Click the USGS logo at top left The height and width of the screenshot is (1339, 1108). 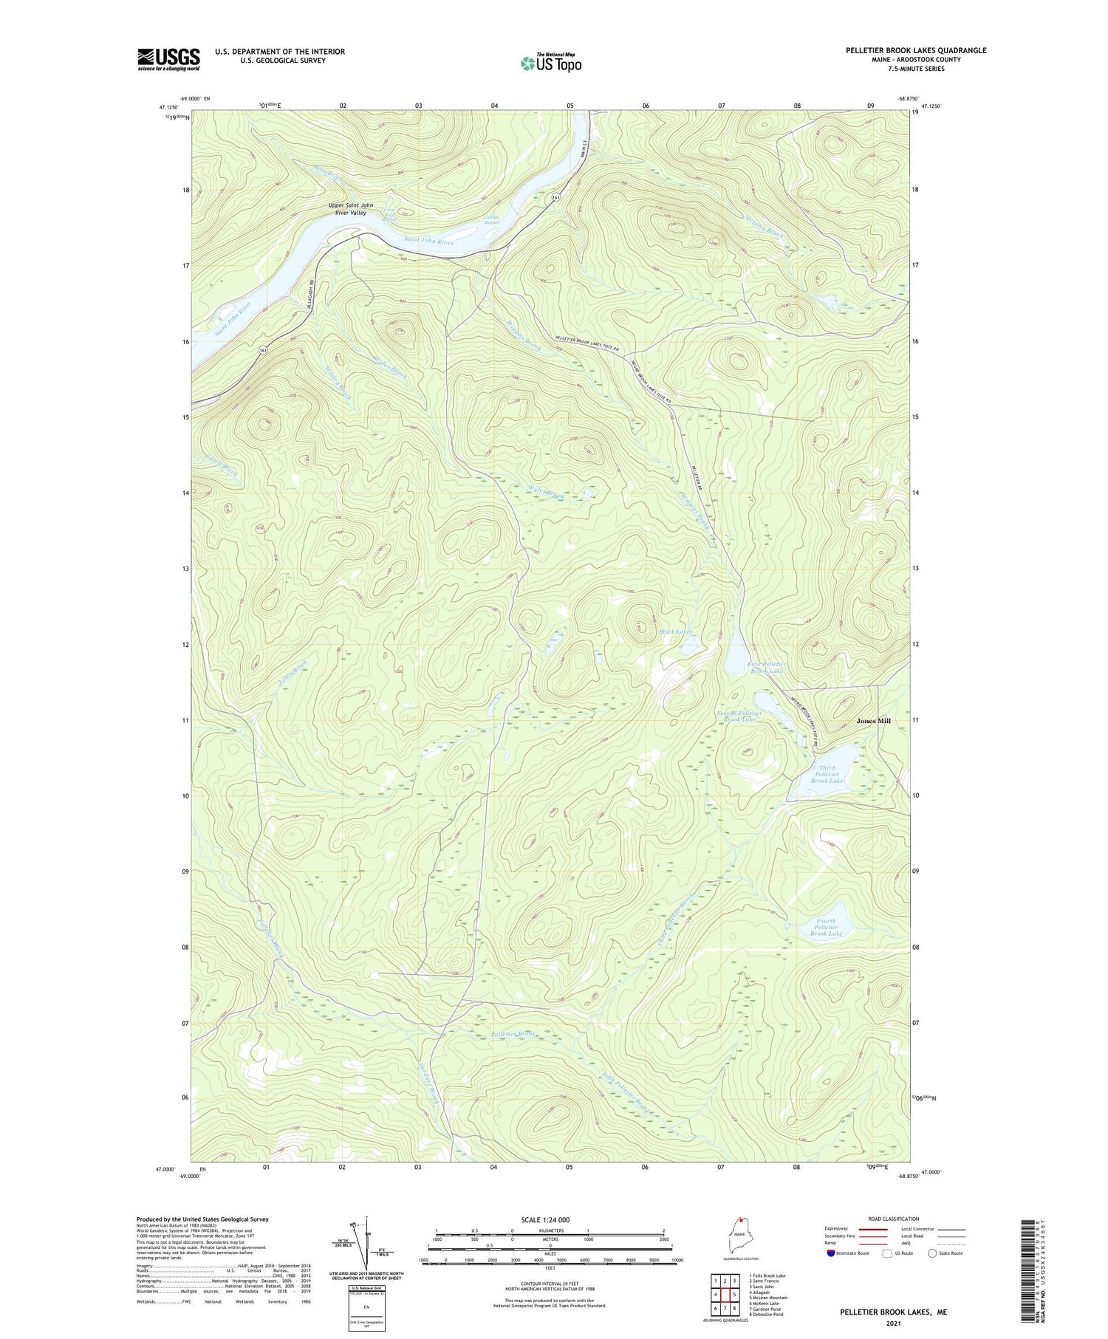click(x=168, y=59)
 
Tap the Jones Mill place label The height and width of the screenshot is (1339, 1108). click(x=873, y=721)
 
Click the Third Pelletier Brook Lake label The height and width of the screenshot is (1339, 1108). click(x=827, y=774)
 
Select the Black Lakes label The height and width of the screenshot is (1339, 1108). click(x=675, y=631)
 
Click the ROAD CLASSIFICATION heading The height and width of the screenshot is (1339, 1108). click(x=894, y=1219)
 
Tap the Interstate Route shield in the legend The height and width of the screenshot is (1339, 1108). click(x=831, y=1253)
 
